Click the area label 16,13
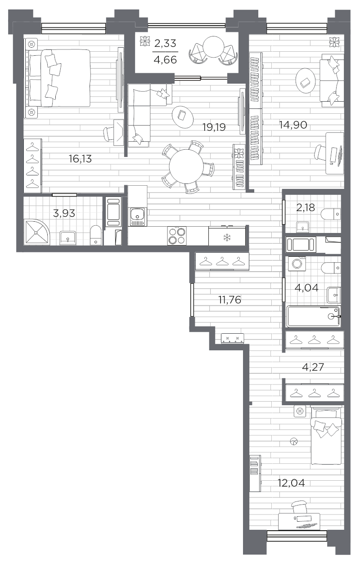(x=80, y=159)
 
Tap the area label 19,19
(x=214, y=127)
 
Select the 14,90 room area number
(x=293, y=125)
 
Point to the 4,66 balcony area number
(x=166, y=60)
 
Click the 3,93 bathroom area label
(x=64, y=213)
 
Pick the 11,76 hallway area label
(x=230, y=300)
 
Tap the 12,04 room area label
(x=292, y=483)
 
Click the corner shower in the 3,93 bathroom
(x=36, y=232)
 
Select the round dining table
(x=186, y=166)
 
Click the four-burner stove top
(x=177, y=236)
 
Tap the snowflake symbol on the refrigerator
(x=226, y=237)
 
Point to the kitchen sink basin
(x=138, y=215)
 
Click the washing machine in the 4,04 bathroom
(x=297, y=264)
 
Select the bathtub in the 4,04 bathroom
(x=314, y=316)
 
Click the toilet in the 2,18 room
(x=331, y=214)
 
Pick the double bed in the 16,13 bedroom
(x=58, y=78)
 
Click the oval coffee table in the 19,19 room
(x=183, y=117)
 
